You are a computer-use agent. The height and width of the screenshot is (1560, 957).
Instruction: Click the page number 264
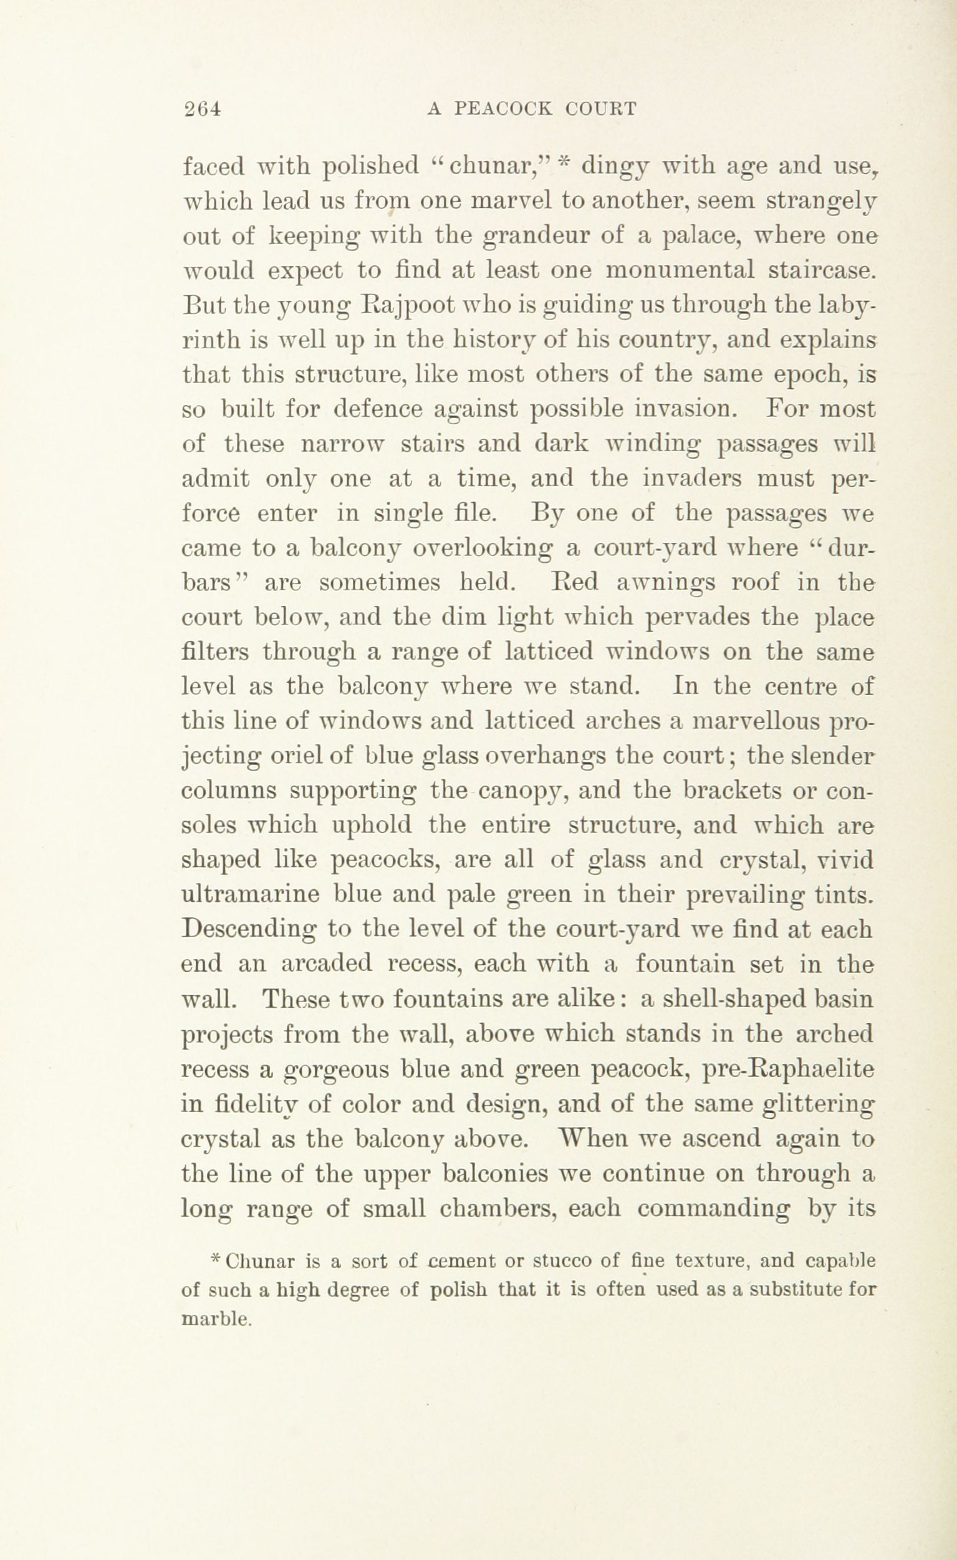pyautogui.click(x=201, y=109)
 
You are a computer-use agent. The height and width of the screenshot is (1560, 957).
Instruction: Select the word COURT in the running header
pyautogui.click(x=600, y=109)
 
